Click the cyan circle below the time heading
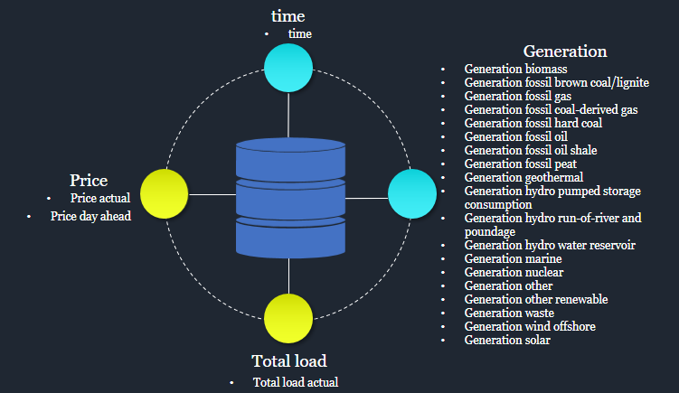[288, 68]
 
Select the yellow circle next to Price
[165, 194]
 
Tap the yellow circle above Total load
[288, 319]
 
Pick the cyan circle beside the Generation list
[412, 194]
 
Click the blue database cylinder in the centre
[290, 198]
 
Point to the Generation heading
[565, 51]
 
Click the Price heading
[89, 181]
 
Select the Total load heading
[289, 361]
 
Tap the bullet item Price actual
[100, 198]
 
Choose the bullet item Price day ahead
[90, 217]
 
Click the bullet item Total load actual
[296, 382]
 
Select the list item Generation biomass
[515, 69]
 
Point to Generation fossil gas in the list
[518, 96]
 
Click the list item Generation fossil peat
[521, 164]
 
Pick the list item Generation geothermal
[524, 177]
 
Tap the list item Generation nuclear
[514, 272]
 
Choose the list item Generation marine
[514, 258]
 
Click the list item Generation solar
[507, 341]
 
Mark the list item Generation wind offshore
[530, 326]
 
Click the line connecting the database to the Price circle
[212, 195]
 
